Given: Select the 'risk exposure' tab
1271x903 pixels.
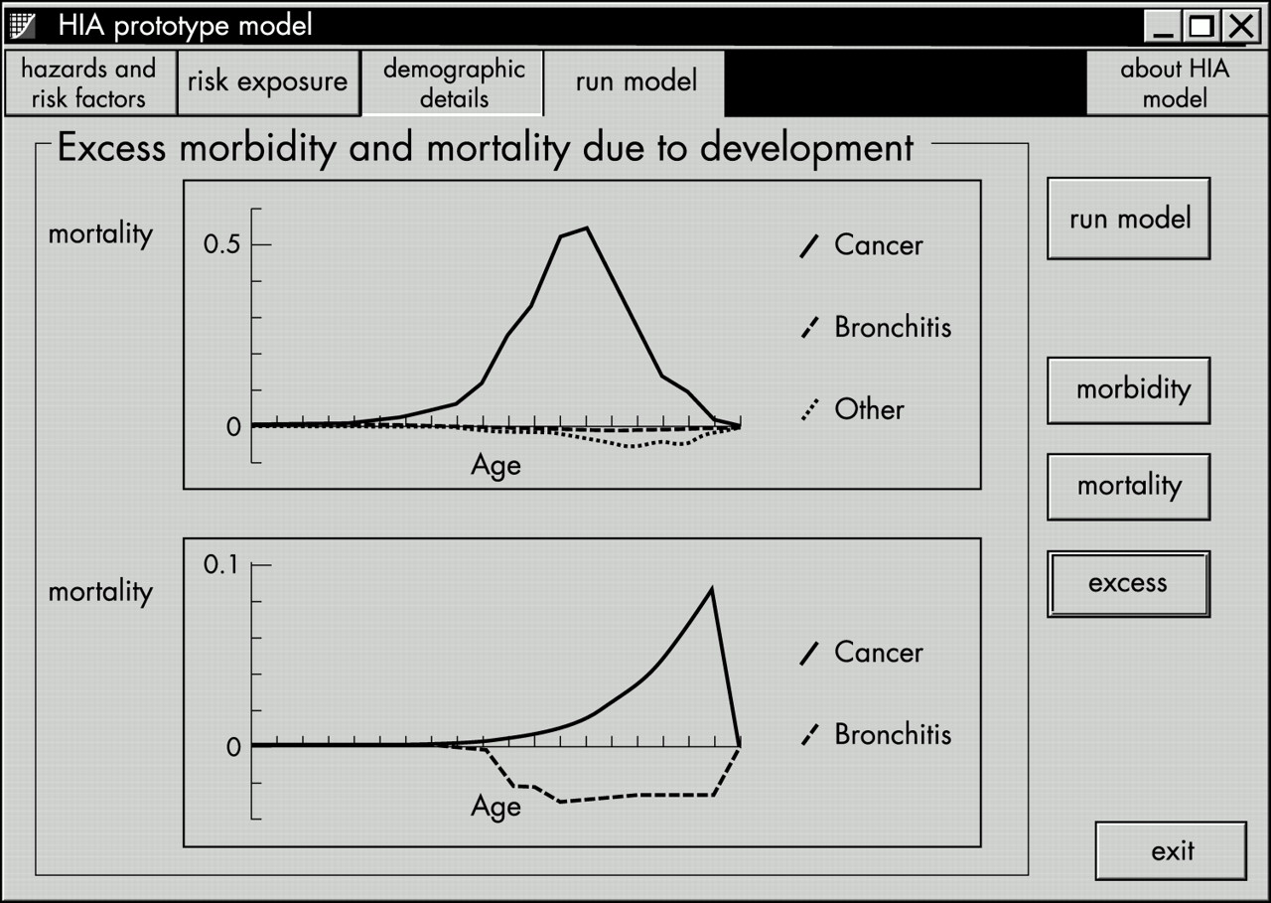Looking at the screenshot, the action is pyautogui.click(x=268, y=83).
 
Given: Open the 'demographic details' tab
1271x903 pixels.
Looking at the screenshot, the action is pyautogui.click(x=453, y=83).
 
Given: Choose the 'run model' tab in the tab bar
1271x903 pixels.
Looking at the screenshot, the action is pyautogui.click(x=635, y=83).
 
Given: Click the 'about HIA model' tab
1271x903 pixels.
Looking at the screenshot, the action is pyautogui.click(x=1176, y=83).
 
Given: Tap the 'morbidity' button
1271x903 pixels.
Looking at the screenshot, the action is pyautogui.click(x=1129, y=390).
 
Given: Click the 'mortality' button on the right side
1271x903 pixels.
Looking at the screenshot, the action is pyautogui.click(x=1129, y=487).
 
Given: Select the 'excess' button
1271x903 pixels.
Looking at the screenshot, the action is pyautogui.click(x=1129, y=583).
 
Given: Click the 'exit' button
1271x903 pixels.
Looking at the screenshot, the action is pyautogui.click(x=1171, y=850).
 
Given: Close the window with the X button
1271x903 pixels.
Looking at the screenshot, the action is pyautogui.click(x=1242, y=26).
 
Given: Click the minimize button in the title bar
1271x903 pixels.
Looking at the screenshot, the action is pyautogui.click(x=1163, y=26).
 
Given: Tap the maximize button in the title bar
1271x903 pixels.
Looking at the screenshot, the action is pyautogui.click(x=1201, y=26).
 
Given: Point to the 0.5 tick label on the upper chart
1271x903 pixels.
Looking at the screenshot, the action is pyautogui.click(x=221, y=244).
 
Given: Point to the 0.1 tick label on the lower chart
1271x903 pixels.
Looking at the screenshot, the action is pyautogui.click(x=221, y=564).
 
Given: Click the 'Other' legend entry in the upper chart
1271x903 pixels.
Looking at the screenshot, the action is pyautogui.click(x=853, y=409).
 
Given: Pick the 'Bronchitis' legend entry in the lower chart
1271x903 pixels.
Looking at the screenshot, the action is pyautogui.click(x=876, y=734).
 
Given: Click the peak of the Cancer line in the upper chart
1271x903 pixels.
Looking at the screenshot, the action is pyautogui.click(x=587, y=228).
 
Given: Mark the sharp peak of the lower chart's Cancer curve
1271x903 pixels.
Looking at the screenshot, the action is pyautogui.click(x=712, y=590).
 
